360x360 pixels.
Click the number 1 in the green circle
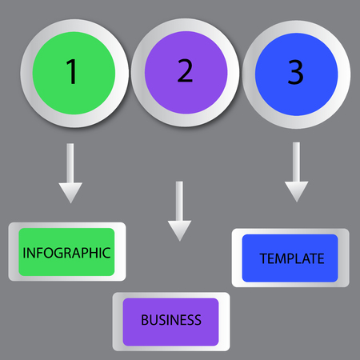(x=71, y=71)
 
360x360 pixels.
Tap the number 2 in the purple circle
(x=185, y=71)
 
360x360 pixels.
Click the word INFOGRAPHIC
(x=66, y=253)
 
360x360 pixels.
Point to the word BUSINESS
(x=170, y=320)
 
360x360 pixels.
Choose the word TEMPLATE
(x=292, y=258)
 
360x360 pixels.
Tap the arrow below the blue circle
(x=296, y=171)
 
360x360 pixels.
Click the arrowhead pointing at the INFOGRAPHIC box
(x=70, y=192)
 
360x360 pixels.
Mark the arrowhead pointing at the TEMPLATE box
(x=296, y=191)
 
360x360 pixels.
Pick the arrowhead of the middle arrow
(x=180, y=230)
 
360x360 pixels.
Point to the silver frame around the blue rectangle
(x=237, y=258)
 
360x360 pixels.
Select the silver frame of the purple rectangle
(x=118, y=322)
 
